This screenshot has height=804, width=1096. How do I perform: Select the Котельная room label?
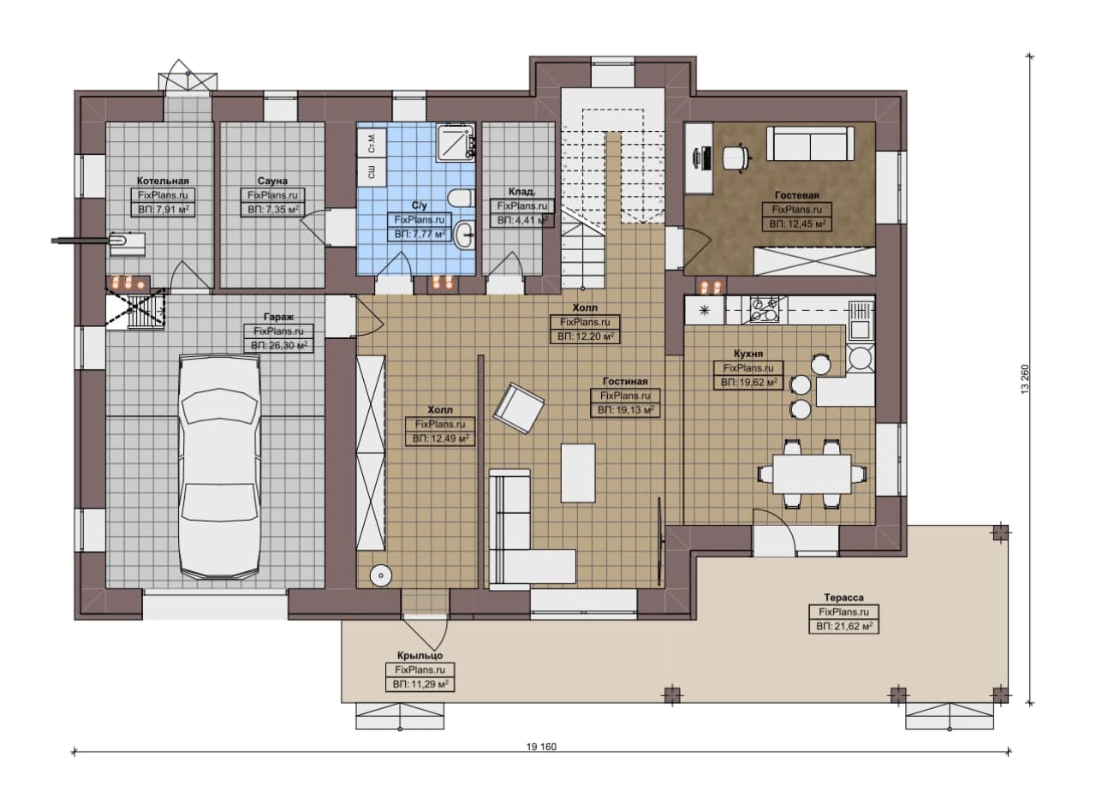pyautogui.click(x=163, y=181)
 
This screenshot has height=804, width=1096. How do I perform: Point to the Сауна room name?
pyautogui.click(x=272, y=181)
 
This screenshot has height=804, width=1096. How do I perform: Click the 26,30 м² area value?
pyautogui.click(x=286, y=345)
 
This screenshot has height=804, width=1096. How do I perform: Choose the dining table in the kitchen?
pyautogui.click(x=812, y=473)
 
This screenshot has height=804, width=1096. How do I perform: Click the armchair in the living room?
pyautogui.click(x=519, y=408)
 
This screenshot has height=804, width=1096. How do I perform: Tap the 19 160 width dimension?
pyautogui.click(x=541, y=747)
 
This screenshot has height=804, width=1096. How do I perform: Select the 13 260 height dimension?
pyautogui.click(x=1025, y=378)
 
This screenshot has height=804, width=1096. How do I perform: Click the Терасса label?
pyautogui.click(x=843, y=598)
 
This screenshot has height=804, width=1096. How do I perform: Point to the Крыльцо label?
pyautogui.click(x=420, y=656)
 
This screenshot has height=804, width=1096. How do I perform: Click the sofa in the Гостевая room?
pyautogui.click(x=810, y=143)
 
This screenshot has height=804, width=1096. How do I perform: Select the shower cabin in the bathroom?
pyautogui.click(x=456, y=141)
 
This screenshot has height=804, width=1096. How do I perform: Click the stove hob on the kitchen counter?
pyautogui.click(x=765, y=309)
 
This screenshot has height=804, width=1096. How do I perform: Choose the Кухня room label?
pyautogui.click(x=748, y=354)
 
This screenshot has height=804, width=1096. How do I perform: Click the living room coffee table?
pyautogui.click(x=578, y=473)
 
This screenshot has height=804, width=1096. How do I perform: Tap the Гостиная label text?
pyautogui.click(x=625, y=381)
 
